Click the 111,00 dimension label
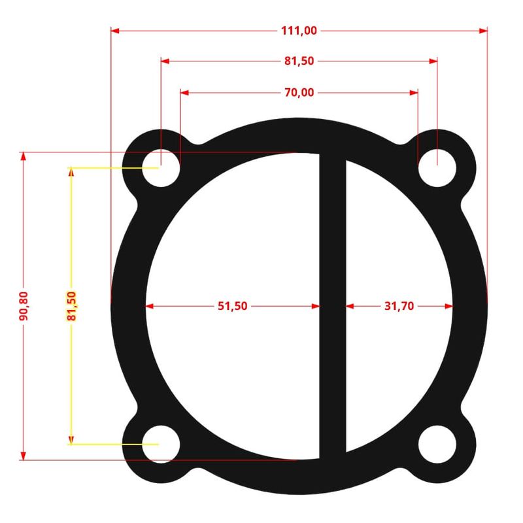[299, 30]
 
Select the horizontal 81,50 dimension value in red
[299, 61]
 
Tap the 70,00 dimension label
[299, 92]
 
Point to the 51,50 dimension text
[232, 305]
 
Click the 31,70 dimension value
[399, 305]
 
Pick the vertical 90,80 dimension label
[24, 305]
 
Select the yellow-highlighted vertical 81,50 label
[71, 306]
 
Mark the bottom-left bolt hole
[161, 444]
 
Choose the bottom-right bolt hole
[437, 444]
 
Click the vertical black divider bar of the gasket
[332, 305]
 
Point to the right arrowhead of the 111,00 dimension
[484, 30]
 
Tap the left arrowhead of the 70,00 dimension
[185, 92]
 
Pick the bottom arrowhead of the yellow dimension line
[71, 440]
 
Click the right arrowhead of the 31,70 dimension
[449, 305]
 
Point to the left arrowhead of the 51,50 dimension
[150, 305]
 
